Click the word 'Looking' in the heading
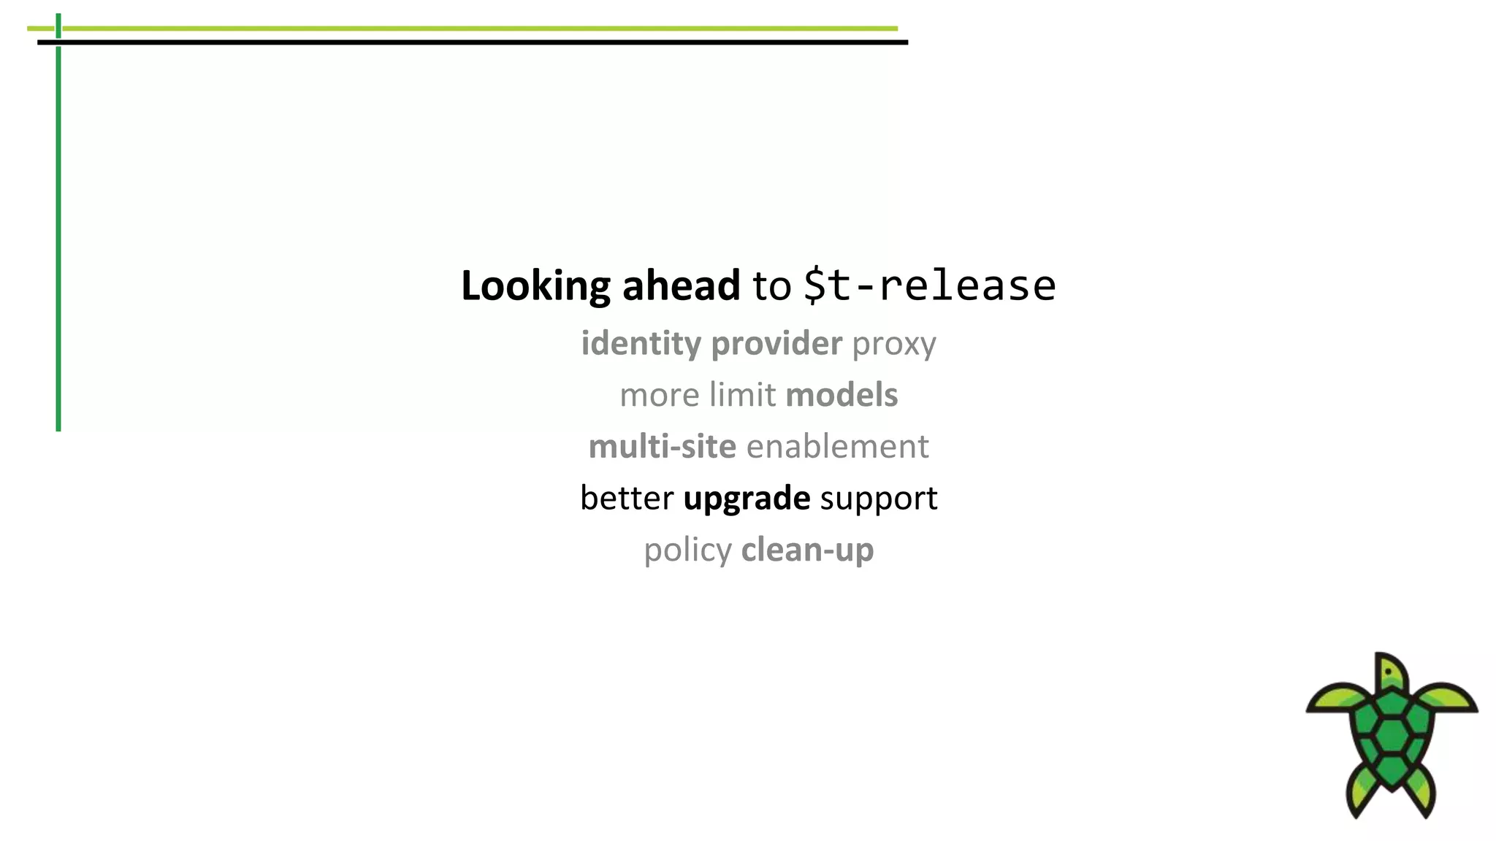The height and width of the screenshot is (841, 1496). (535, 285)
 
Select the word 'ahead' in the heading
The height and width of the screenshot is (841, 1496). (681, 285)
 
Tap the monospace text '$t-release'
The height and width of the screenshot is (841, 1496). (929, 285)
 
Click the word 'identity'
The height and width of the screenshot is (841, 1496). (641, 343)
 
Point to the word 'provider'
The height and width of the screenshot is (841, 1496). (776, 343)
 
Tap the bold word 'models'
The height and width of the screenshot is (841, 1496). (841, 395)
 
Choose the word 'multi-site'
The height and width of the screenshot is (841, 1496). (662, 447)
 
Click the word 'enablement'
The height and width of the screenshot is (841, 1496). (837, 447)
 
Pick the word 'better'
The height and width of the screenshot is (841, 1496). (627, 498)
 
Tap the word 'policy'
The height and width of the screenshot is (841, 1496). (687, 550)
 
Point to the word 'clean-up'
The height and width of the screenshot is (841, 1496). (807, 550)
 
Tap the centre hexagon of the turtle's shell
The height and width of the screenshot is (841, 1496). (1392, 734)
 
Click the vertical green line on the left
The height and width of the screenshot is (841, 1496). (58, 241)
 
